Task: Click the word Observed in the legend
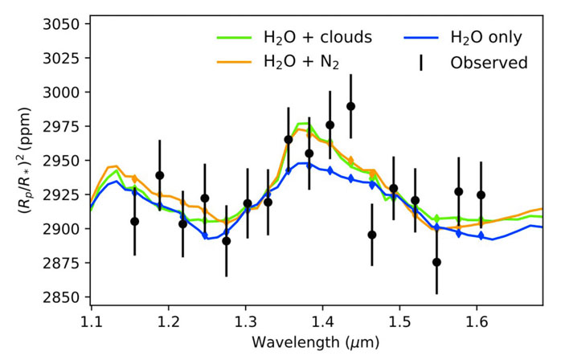tap(489, 62)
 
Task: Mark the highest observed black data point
tap(351, 106)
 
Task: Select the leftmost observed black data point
tap(134, 221)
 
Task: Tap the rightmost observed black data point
tap(481, 194)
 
